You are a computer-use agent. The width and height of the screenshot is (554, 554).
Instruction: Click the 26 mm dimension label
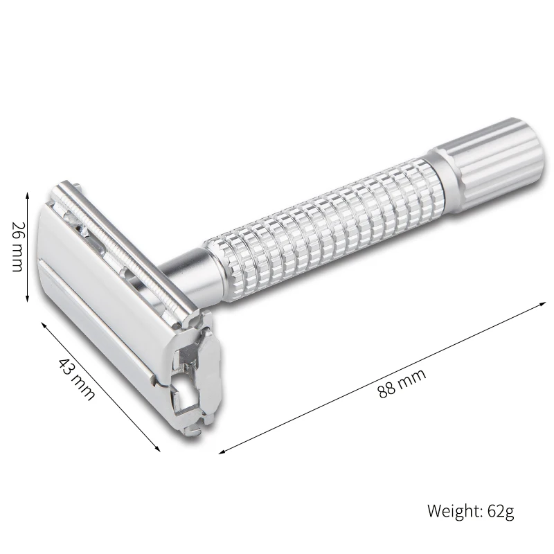click(18, 247)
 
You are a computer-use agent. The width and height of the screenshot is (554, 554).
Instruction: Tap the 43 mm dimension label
click(77, 380)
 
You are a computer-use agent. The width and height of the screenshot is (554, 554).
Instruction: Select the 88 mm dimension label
click(402, 384)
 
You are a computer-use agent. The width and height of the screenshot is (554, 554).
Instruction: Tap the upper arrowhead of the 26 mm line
click(27, 195)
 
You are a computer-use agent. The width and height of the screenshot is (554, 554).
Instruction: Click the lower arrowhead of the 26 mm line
click(27, 299)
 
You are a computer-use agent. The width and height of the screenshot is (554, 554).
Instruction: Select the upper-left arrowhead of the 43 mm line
click(45, 325)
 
